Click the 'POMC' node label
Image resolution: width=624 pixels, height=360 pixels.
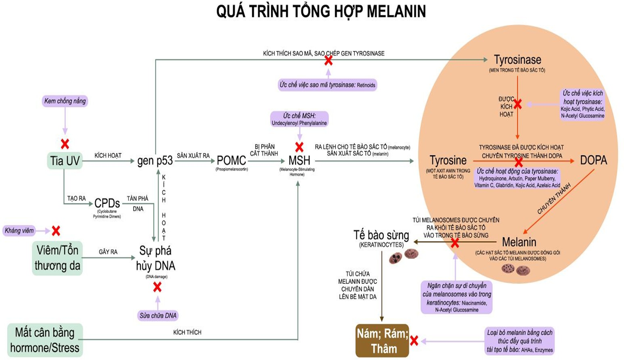231,161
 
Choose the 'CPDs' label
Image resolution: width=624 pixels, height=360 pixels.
105,203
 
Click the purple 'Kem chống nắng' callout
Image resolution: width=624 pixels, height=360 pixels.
65,102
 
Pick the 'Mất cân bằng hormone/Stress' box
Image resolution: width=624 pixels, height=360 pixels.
45,340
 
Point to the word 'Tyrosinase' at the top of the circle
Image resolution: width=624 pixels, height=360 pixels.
517,59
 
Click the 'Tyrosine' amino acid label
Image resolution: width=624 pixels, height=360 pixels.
448,161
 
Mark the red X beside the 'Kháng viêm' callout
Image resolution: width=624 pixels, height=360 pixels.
56,231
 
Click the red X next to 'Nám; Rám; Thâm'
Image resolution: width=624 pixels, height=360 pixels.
414,341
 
